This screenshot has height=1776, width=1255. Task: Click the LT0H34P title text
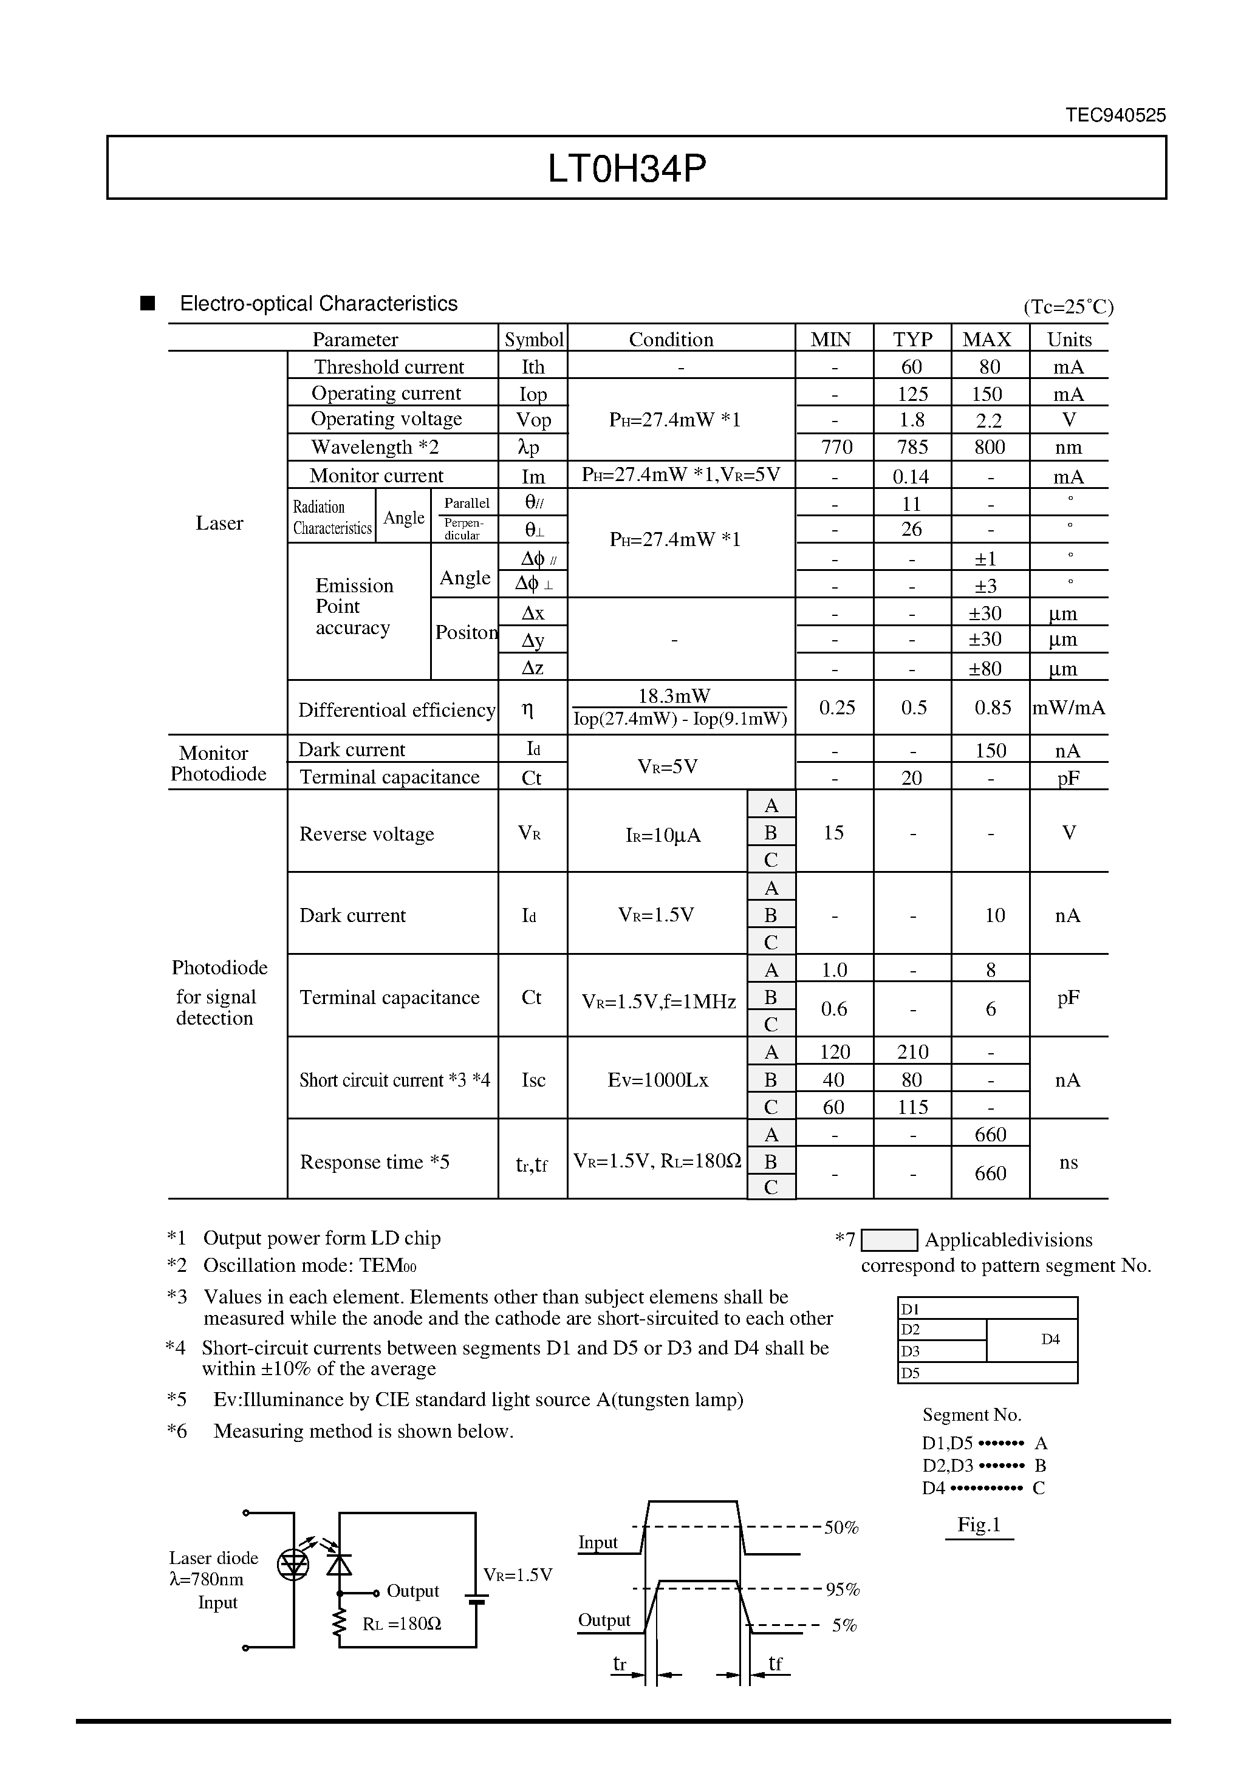(x=627, y=169)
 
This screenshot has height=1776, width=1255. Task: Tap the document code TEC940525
(x=1115, y=115)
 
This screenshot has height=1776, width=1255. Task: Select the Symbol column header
(x=533, y=340)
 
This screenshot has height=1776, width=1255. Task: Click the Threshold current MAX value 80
(x=990, y=367)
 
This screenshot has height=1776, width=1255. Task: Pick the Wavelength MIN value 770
(x=836, y=447)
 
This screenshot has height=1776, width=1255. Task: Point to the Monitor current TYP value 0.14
(x=911, y=476)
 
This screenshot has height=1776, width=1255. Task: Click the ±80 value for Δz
(x=986, y=668)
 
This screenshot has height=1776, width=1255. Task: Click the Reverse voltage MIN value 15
(x=833, y=833)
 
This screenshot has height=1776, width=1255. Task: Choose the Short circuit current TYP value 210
(x=912, y=1052)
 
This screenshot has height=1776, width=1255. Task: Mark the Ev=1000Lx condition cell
(x=658, y=1080)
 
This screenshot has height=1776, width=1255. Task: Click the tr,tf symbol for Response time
(x=532, y=1163)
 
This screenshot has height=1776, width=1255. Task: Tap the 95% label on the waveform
(x=842, y=1590)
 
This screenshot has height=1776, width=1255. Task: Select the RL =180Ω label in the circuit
(x=402, y=1624)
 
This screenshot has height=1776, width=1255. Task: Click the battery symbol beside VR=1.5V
(x=476, y=1598)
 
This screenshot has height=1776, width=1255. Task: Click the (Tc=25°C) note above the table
(x=1069, y=307)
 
